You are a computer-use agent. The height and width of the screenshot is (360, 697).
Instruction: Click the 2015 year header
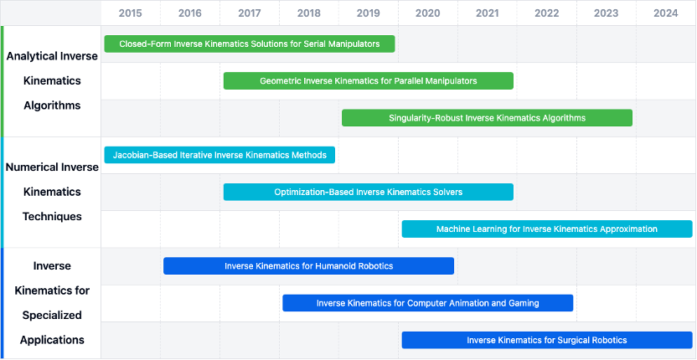[130, 13]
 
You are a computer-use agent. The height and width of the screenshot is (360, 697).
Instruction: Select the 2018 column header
[309, 13]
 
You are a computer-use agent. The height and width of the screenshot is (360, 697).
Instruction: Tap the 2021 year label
[488, 13]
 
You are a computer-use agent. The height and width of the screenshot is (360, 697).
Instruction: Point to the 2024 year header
[666, 13]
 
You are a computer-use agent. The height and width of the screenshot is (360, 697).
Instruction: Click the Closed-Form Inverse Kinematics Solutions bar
[250, 44]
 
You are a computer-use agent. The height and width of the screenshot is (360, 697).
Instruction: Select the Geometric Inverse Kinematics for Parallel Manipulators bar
[369, 81]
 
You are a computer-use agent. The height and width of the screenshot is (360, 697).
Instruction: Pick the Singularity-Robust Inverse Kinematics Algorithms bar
[488, 118]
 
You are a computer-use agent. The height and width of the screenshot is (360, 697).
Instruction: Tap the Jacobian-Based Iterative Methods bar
[219, 155]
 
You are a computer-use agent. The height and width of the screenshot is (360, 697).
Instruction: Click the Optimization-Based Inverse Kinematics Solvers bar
[369, 192]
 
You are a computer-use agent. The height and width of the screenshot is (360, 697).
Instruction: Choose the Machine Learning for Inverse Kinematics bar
[547, 229]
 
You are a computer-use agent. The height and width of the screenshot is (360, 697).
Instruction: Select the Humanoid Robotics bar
[309, 265]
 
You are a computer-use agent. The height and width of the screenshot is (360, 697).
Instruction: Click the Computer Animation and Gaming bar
[427, 303]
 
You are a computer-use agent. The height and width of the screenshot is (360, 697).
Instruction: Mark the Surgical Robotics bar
[547, 340]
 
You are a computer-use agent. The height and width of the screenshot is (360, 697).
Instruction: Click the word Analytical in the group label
[32, 56]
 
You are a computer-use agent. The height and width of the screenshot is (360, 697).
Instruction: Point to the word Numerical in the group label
[32, 167]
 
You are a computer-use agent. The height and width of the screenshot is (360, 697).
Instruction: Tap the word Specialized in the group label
[52, 316]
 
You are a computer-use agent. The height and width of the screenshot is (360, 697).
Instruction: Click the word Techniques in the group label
[52, 217]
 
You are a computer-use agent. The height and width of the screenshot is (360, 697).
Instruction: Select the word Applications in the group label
[52, 341]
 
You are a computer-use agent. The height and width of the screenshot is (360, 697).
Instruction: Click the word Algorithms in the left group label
[52, 105]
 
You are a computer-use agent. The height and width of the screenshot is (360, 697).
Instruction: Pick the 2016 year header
[190, 13]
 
